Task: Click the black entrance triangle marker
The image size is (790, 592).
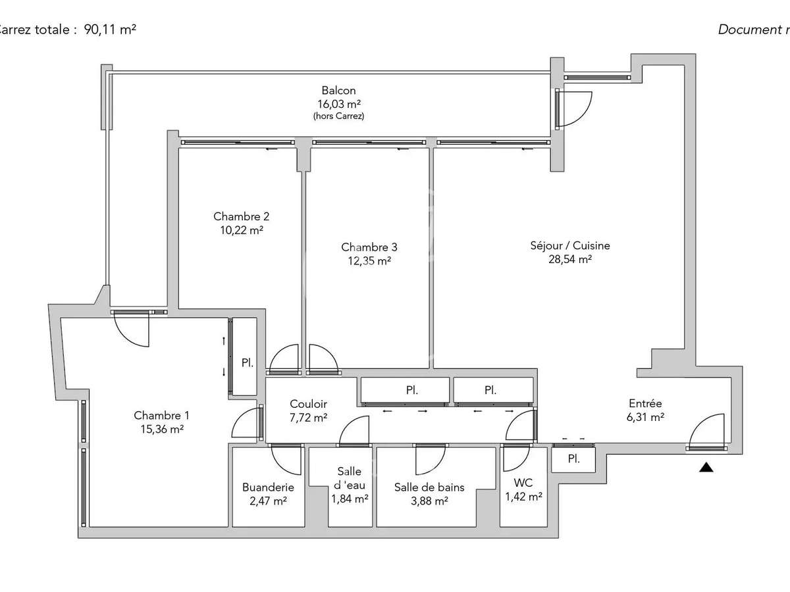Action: tap(706, 468)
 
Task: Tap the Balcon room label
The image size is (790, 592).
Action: tap(338, 91)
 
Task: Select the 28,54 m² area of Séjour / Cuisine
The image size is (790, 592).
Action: tap(570, 259)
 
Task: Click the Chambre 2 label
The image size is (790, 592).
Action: tap(241, 216)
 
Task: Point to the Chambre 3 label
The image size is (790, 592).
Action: tap(369, 247)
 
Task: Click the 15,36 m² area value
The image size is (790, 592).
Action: tap(161, 429)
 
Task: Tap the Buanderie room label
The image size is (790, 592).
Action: tap(268, 487)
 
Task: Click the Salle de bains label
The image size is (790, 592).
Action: tap(429, 487)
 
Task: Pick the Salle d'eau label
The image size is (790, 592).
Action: tap(349, 479)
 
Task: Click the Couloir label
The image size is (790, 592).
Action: tap(308, 404)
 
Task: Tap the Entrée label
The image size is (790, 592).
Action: tap(645, 403)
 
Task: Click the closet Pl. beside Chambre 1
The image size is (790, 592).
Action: tap(247, 362)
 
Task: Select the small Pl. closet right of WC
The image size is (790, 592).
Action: tap(573, 458)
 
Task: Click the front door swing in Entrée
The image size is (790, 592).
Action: tap(708, 431)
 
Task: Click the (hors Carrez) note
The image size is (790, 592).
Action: tap(338, 116)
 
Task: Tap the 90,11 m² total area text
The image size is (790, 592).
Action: tap(110, 29)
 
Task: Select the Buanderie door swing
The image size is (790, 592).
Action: tap(286, 458)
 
